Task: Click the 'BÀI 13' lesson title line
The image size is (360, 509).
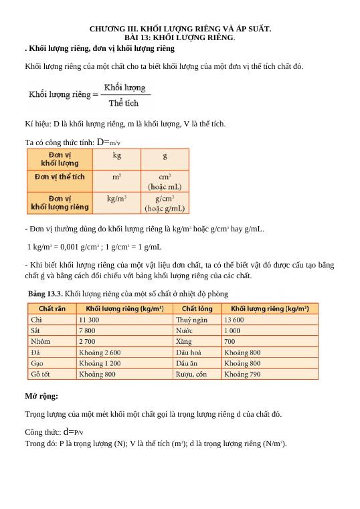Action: coord(180,38)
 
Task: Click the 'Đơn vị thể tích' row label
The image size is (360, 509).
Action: coord(60,177)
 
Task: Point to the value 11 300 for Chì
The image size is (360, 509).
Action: coord(89,320)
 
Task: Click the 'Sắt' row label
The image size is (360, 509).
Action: coord(36,330)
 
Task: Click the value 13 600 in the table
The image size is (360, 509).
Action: coord(234,320)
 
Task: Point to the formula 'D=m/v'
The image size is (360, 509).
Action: coord(108,142)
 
